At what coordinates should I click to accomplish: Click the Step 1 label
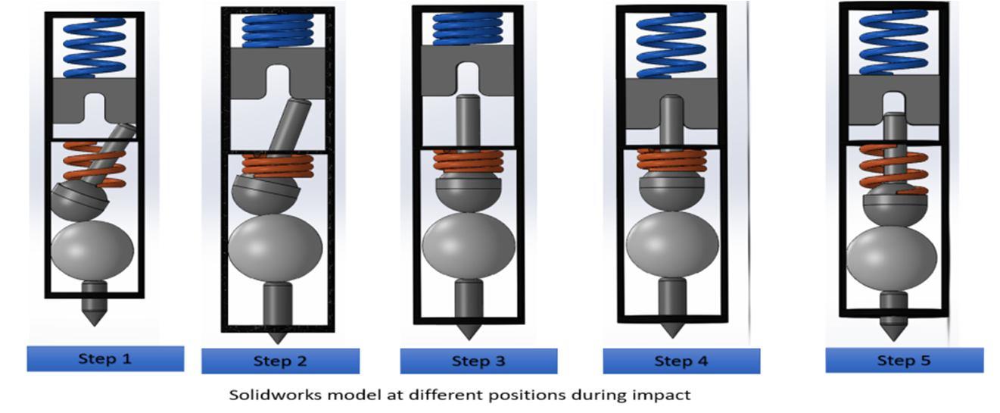click(x=105, y=358)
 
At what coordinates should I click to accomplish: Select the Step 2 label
click(x=280, y=361)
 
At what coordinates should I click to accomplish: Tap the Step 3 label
click(x=478, y=361)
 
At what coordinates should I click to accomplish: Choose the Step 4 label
click(x=681, y=361)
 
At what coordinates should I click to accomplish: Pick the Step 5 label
click(x=904, y=360)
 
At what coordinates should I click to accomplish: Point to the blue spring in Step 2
click(x=277, y=30)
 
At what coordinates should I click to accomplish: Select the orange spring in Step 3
click(x=468, y=161)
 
